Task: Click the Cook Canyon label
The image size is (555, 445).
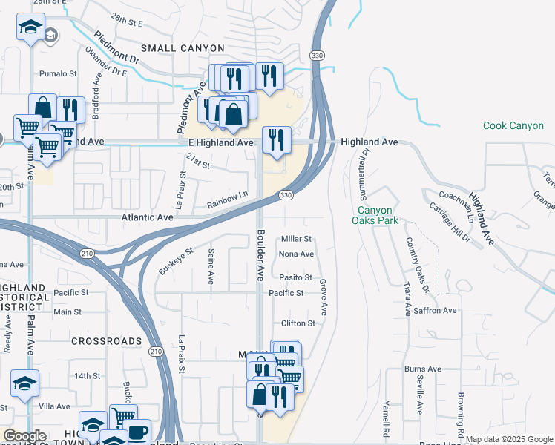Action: [513, 126]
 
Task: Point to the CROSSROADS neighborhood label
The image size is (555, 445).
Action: [107, 341]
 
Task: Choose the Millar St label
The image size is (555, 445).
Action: [296, 239]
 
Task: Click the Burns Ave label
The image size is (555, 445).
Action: [423, 369]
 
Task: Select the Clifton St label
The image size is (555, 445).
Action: [298, 323]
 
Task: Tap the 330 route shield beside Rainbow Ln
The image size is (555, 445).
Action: [286, 195]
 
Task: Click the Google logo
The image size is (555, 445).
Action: [24, 436]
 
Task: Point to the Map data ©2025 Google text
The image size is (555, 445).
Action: [509, 439]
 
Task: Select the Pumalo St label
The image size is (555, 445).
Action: [58, 74]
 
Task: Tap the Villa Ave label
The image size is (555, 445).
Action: [53, 406]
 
